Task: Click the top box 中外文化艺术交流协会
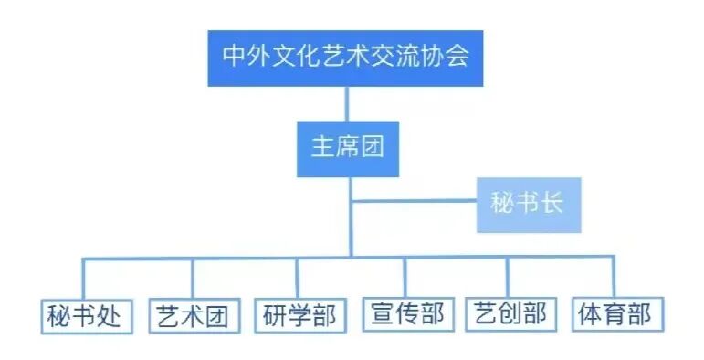[x=345, y=57]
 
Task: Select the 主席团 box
[x=347, y=146]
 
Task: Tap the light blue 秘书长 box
[x=528, y=203]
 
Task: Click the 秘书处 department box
[x=85, y=314]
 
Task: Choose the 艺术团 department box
[x=192, y=314]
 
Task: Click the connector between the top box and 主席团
[x=347, y=102]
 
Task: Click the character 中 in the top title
[x=233, y=57]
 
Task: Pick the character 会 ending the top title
[x=458, y=57]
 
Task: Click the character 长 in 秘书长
[x=552, y=203]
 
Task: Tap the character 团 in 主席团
[x=372, y=146]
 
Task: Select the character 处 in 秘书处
[x=110, y=315]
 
